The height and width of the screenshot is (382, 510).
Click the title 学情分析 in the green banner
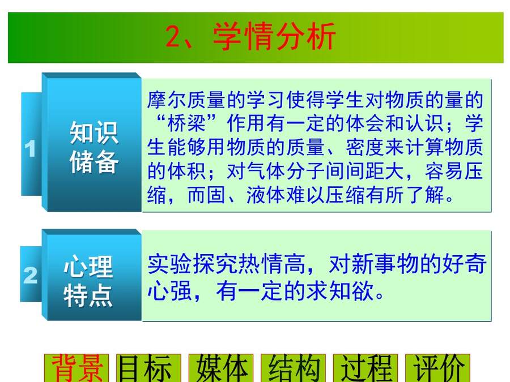tap(274, 36)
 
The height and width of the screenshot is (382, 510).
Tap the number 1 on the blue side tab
tap(30, 149)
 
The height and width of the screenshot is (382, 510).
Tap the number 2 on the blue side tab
tap(30, 275)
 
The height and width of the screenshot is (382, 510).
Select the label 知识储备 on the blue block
tap(93, 147)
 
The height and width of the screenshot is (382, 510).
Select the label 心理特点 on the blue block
tap(88, 281)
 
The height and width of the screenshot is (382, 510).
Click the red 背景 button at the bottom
tap(76, 368)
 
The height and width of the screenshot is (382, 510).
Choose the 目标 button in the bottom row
tap(148, 368)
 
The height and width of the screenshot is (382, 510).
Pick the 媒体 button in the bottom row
tap(221, 368)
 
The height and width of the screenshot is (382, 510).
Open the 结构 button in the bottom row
tap(294, 368)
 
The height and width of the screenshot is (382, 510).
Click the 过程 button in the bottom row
tap(365, 368)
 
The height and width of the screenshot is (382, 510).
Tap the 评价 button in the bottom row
tap(438, 368)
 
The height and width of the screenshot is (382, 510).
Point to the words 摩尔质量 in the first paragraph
tap(186, 100)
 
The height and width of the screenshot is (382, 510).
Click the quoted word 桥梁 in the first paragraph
tap(186, 123)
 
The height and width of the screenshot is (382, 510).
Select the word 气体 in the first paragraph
tap(266, 171)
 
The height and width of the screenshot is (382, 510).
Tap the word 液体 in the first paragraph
tap(266, 195)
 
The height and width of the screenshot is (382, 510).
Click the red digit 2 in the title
tap(174, 36)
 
